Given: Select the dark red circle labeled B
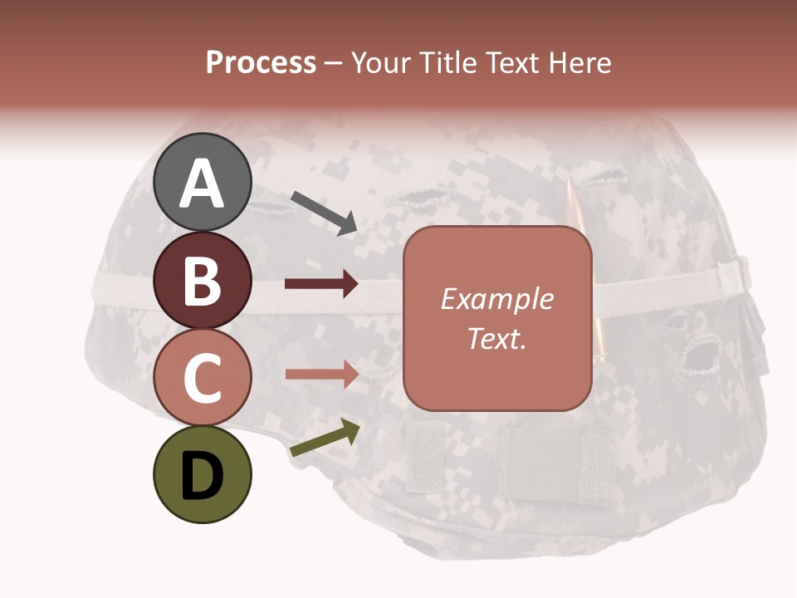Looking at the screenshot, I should pyautogui.click(x=202, y=281).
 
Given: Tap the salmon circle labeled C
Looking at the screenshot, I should pyautogui.click(x=202, y=377).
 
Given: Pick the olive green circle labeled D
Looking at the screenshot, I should pyautogui.click(x=202, y=474).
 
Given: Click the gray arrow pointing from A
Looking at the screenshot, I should pyautogui.click(x=324, y=212).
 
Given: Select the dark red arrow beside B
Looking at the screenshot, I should pyautogui.click(x=321, y=284).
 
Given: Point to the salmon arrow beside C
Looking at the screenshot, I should pyautogui.click(x=321, y=374).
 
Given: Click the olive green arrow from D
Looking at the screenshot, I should pyautogui.click(x=325, y=438).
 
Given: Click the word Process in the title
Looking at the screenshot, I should pyautogui.click(x=261, y=63).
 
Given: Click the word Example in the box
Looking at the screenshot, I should pyautogui.click(x=496, y=299).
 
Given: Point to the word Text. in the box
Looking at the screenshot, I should pyautogui.click(x=496, y=338).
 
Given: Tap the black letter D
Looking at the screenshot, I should pyautogui.click(x=202, y=476).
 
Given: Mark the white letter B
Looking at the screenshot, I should pyautogui.click(x=202, y=282).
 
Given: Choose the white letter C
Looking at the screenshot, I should pyautogui.click(x=202, y=379).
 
